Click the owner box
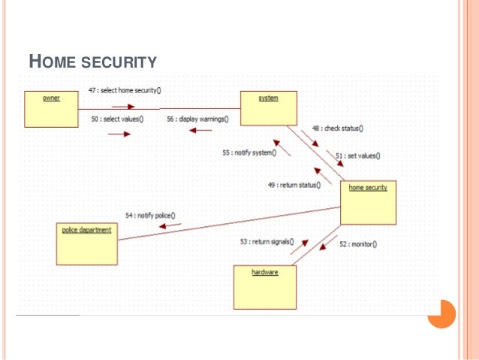51,109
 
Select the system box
268,108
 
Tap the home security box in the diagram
368,202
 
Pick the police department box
86,242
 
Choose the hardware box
264,286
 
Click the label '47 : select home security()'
125,90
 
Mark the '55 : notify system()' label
249,153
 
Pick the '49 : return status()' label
294,184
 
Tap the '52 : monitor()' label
357,244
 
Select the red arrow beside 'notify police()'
170,224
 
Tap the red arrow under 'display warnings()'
200,131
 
